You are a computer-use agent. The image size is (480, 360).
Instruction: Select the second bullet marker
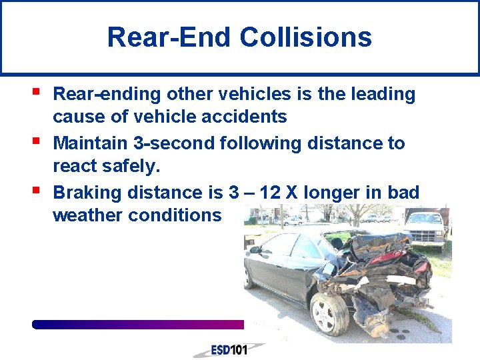click(x=35, y=140)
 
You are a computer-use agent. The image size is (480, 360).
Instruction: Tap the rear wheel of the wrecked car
click(x=329, y=311)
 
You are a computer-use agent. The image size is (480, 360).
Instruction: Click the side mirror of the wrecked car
click(x=255, y=249)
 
